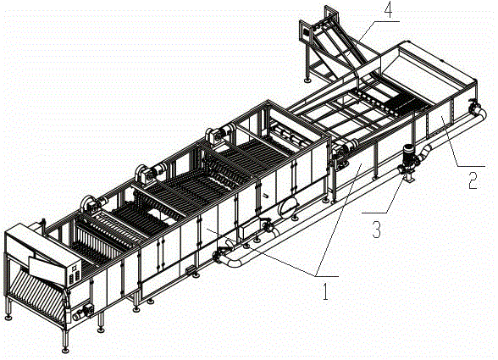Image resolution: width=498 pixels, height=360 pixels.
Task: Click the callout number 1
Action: (325, 291)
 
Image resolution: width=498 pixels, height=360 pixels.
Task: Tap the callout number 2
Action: (473, 180)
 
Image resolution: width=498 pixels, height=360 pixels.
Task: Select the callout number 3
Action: (376, 230)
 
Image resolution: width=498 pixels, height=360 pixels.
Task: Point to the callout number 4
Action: (388, 11)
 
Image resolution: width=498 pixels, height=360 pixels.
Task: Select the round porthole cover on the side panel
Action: (287, 207)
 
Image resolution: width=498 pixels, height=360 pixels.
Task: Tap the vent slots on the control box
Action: (75, 274)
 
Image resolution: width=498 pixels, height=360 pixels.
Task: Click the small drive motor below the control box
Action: (83, 312)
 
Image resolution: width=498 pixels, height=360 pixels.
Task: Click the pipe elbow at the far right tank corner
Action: (478, 111)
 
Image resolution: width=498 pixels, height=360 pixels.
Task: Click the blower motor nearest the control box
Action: (91, 202)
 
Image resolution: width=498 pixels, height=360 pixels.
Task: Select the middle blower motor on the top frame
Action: (149, 172)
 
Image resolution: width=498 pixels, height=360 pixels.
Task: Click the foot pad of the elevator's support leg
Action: (307, 80)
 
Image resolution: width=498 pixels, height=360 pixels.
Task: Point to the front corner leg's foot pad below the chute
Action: (65, 350)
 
